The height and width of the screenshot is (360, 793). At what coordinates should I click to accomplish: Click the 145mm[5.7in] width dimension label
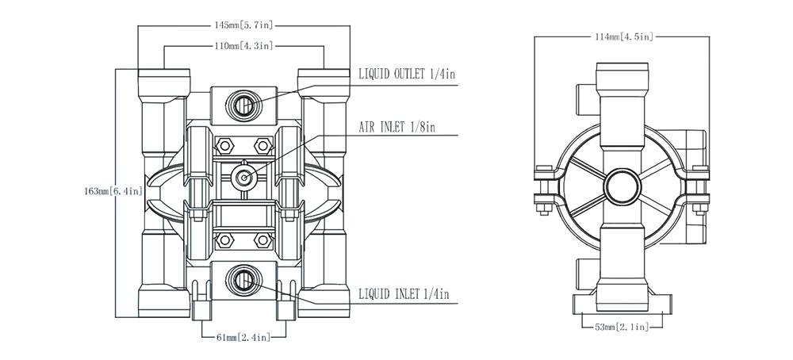tap(244, 25)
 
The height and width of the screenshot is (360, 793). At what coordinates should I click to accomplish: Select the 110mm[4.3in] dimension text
tap(244, 46)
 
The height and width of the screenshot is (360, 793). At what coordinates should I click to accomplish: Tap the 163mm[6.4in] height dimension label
tap(113, 191)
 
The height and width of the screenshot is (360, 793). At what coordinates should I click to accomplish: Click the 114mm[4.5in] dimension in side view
tap(623, 36)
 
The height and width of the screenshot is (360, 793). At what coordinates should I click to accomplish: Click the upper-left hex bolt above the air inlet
tap(225, 145)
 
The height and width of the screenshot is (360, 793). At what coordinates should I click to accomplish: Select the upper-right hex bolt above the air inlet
tap(262, 145)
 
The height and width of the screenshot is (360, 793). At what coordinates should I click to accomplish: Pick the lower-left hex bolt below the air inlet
tap(225, 239)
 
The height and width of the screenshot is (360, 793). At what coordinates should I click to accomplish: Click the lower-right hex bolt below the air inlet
tap(262, 239)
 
